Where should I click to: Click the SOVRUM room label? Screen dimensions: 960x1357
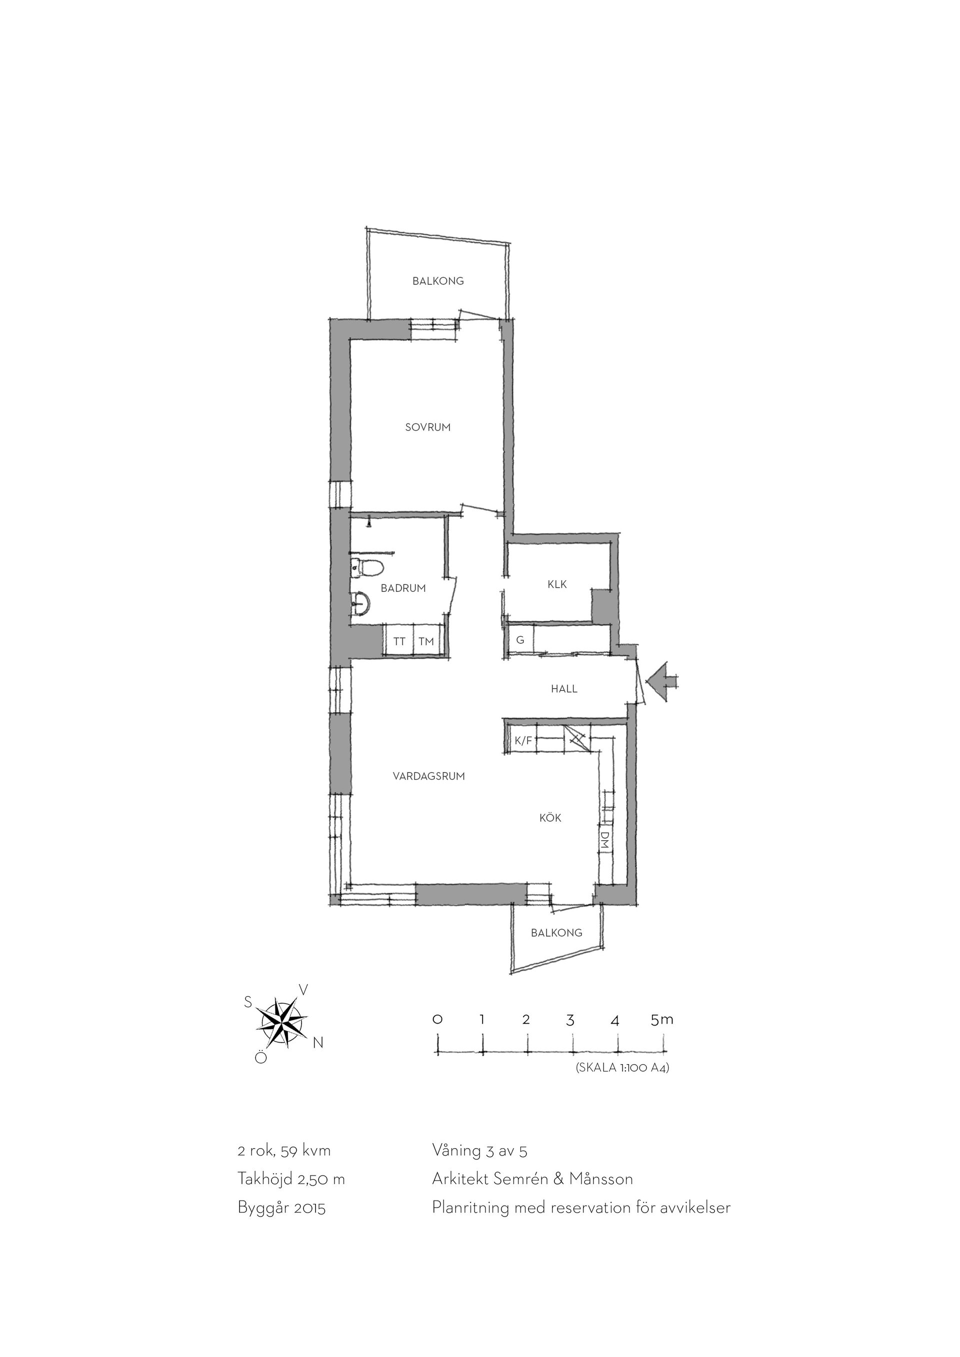pos(428,427)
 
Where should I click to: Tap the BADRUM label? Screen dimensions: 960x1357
pos(403,588)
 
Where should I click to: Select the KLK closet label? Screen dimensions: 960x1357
pos(557,584)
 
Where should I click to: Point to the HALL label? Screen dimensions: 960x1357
pos(564,689)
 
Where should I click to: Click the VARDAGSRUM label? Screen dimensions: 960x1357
pos(428,776)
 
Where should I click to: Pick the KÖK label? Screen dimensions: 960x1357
pos(550,818)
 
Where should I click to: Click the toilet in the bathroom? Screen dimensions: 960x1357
pos(366,568)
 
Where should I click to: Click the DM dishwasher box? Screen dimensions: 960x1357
pos(604,840)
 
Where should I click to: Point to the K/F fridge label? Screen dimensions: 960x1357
pos(522,741)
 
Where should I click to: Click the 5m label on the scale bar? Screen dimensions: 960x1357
pos(661,1019)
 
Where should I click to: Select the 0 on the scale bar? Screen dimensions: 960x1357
pos(437,1020)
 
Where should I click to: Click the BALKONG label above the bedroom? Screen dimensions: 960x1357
pos(438,281)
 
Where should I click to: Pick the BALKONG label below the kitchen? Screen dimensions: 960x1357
pos(556,933)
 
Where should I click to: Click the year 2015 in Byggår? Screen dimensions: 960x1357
pos(310,1208)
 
